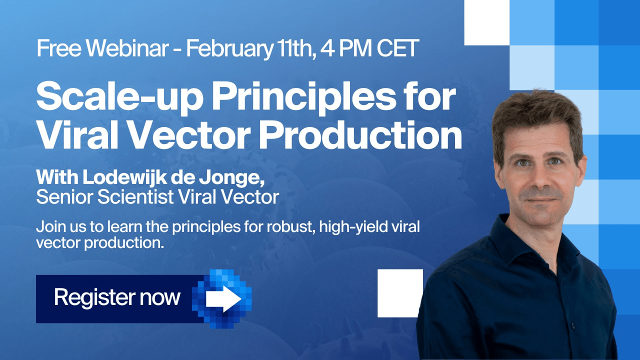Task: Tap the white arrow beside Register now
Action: point(223,299)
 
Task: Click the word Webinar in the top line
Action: point(127,48)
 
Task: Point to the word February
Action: point(229,49)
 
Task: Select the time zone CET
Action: point(398,48)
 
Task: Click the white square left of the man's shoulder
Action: point(400,293)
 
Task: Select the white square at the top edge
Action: point(487,22)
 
